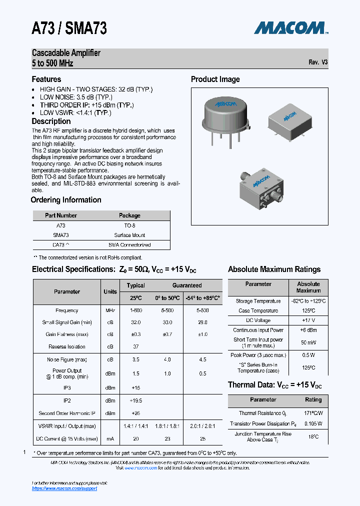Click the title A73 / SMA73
click(x=69, y=29)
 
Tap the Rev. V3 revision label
click(x=318, y=62)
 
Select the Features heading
click(x=46, y=79)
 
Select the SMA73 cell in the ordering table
click(x=60, y=235)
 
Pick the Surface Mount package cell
click(x=129, y=235)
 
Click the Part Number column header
click(x=60, y=215)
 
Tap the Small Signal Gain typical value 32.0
click(x=135, y=322)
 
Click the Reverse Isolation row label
click(x=67, y=346)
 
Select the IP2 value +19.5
click(x=135, y=400)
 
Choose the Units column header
click(x=110, y=291)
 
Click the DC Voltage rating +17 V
click(x=308, y=320)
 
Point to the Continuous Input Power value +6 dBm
click(x=308, y=330)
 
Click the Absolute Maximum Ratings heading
click(x=274, y=269)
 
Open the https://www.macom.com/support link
click(x=64, y=488)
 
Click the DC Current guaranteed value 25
click(x=202, y=438)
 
